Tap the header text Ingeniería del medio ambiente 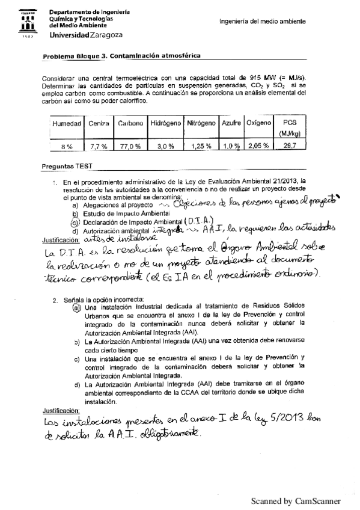263,22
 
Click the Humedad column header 67,123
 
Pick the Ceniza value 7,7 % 98,146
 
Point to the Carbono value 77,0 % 130,146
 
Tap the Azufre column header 231,123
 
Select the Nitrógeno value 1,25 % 201,146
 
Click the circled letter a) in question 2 76,309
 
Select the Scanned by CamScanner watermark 295,500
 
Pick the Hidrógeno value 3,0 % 165,146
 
